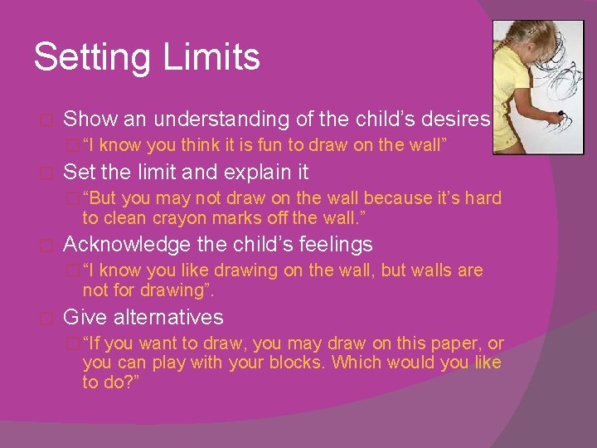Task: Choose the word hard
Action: pos(483,198)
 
